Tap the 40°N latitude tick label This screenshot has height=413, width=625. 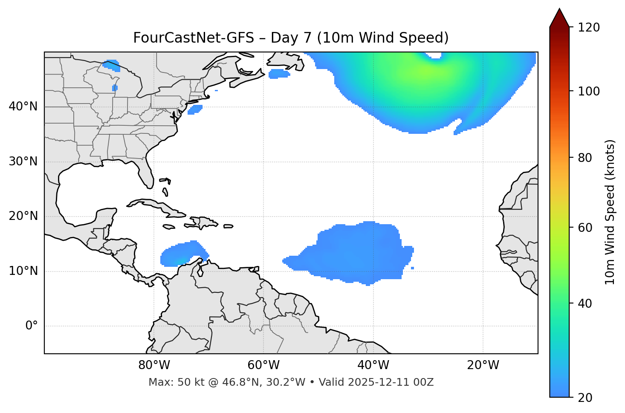23,107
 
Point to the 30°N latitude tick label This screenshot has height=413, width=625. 23,162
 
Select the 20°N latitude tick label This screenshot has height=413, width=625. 23,216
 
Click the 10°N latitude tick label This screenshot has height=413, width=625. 23,271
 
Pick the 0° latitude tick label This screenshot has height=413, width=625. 32,326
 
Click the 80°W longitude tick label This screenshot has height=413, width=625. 154,365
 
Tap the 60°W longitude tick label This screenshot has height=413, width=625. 263,365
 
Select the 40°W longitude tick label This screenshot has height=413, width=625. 373,365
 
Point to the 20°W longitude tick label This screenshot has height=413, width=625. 483,365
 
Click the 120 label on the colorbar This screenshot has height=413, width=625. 589,28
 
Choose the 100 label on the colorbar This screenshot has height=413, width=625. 589,91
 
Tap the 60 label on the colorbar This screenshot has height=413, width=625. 586,228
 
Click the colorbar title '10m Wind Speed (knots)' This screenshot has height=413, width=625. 610,212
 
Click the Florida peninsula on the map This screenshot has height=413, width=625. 145,173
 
